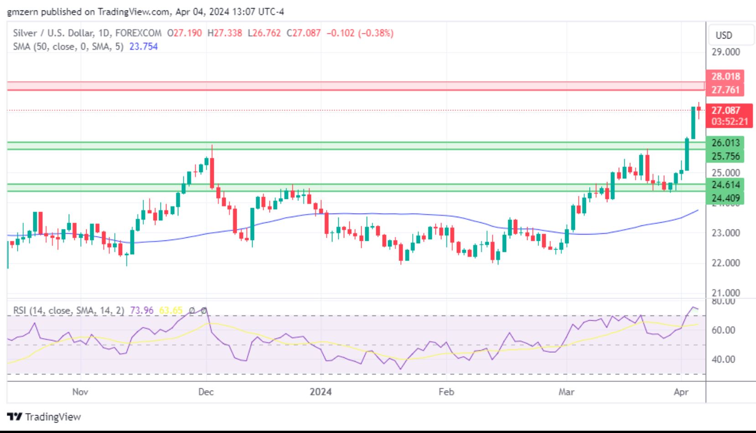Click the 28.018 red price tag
725,76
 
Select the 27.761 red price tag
725,89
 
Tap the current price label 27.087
725,110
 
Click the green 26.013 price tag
725,143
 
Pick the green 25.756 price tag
725,156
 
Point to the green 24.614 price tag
725,185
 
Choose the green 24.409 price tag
725,198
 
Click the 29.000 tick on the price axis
725,52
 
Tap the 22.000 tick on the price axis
725,263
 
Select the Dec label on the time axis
206,392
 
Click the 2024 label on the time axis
321,392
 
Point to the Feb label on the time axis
446,392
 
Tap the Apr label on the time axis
681,392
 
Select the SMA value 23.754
144,47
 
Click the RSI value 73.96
142,311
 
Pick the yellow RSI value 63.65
171,311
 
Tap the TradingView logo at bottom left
44,417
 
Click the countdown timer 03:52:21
730,121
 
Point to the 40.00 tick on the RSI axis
724,360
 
